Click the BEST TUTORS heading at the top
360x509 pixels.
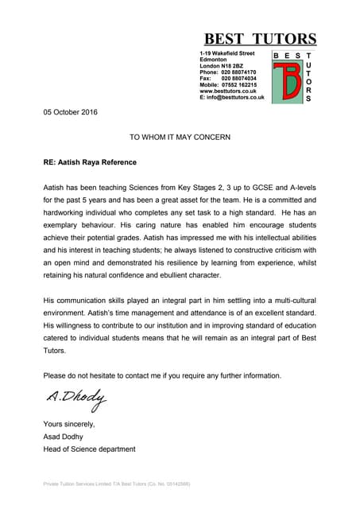[260, 38]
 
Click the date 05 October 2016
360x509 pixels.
[70, 112]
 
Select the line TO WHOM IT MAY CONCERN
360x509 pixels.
[180, 137]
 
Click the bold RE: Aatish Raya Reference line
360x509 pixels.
[90, 162]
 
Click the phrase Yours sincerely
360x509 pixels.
[69, 424]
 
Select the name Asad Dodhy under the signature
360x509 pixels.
[68, 437]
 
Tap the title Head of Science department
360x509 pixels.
[89, 449]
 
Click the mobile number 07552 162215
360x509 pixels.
[239, 84]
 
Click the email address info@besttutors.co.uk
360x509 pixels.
[235, 97]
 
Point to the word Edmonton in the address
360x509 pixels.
[214, 59]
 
